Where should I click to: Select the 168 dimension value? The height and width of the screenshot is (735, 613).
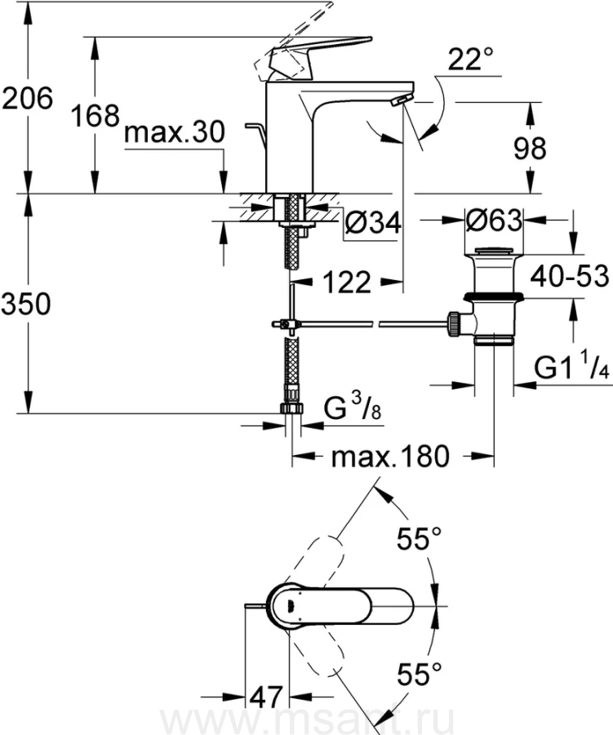(93, 116)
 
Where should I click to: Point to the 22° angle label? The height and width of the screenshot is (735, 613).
(470, 59)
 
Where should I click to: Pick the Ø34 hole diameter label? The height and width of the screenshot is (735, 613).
(372, 222)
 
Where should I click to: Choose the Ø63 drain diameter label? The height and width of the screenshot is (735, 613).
(494, 220)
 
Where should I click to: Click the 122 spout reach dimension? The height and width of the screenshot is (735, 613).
(346, 283)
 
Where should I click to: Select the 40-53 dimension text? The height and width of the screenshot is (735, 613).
(569, 277)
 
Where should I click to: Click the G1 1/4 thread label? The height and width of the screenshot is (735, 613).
(571, 368)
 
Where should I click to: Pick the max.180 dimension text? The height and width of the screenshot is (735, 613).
(390, 457)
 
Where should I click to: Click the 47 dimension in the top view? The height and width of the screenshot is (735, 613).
(265, 697)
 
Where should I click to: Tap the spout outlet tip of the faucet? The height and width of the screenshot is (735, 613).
(402, 100)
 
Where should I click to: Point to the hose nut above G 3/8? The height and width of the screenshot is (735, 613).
(291, 386)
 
